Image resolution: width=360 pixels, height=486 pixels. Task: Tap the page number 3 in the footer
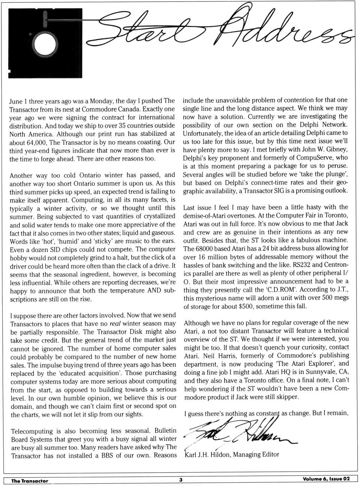tap(180, 480)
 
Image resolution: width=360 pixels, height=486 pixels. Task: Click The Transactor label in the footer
tap(30, 481)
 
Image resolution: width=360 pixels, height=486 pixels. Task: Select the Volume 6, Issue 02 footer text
tap(326, 479)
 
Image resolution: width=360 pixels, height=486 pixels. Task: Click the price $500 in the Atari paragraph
tap(234, 306)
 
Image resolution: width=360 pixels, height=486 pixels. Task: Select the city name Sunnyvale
tap(313, 372)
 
